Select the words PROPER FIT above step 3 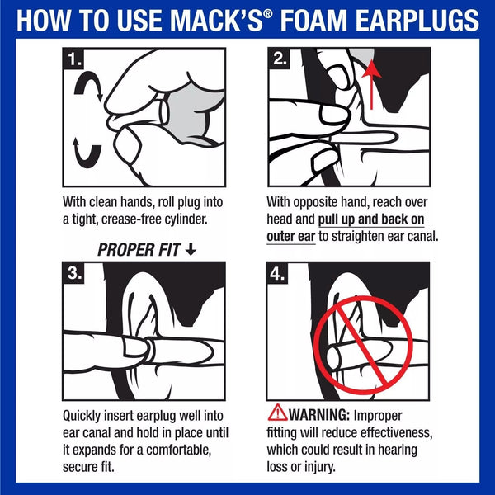tap(139, 249)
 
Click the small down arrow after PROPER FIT tap(191, 249)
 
